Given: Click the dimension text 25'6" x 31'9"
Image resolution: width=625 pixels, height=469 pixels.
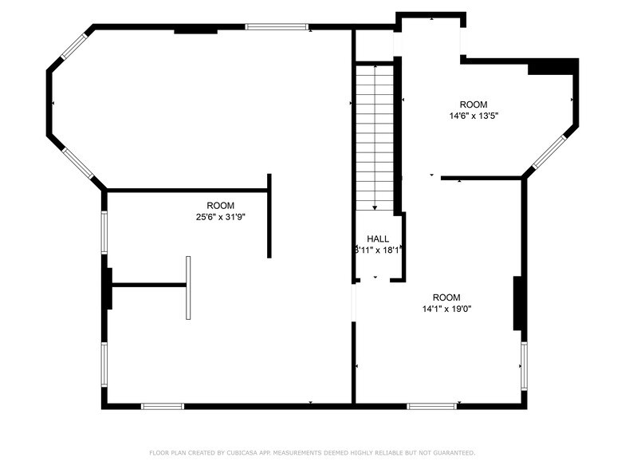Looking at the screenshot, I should (220, 216).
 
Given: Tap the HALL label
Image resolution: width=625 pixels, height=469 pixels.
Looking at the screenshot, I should (378, 238).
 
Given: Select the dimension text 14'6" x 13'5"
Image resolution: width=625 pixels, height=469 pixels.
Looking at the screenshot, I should (474, 116).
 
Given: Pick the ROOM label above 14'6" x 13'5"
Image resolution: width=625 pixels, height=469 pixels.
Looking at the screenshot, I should (474, 104).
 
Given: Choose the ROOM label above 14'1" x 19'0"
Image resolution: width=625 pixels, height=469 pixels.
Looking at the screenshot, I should (446, 298).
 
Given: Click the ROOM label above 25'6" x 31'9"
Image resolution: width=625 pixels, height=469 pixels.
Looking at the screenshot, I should (220, 205).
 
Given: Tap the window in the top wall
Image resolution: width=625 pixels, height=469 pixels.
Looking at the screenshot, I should (277, 27).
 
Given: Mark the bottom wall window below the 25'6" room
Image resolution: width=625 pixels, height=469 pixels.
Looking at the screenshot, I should (163, 406).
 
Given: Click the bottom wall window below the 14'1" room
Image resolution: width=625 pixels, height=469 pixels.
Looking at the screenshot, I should (431, 406).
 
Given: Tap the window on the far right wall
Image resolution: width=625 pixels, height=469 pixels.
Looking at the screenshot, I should (524, 366).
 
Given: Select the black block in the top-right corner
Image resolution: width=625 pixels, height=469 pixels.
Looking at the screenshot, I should (552, 67).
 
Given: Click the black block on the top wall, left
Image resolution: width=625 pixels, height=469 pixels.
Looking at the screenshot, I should (195, 30).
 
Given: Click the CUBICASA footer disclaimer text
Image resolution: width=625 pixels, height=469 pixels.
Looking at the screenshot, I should (312, 452).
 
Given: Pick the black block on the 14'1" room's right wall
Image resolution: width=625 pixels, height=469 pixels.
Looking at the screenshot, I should (517, 303).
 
